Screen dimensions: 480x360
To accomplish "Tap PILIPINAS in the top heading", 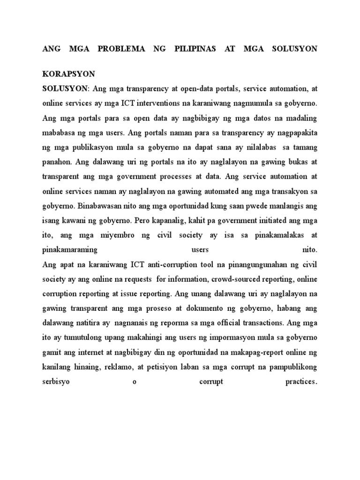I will [190, 49].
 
